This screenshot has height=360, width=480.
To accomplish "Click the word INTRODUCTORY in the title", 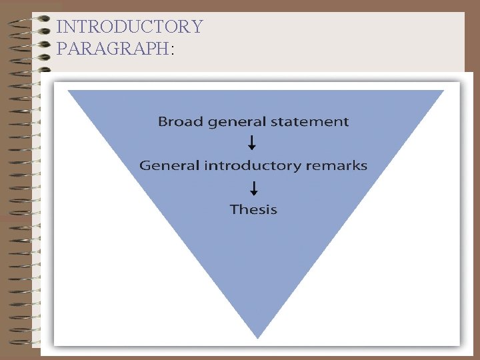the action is point(129,27).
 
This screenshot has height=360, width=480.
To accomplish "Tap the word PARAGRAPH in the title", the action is point(113,49).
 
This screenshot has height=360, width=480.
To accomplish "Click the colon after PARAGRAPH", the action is point(172,50).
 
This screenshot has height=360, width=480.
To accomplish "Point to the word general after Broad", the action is point(235,123).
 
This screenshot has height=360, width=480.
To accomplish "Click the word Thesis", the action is point(253,209).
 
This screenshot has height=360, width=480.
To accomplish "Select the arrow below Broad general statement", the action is point(252,143).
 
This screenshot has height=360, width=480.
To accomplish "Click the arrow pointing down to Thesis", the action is point(253,188).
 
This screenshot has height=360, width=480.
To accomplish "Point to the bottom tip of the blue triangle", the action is point(257,337).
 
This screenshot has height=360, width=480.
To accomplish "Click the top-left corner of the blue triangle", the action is point(69,91).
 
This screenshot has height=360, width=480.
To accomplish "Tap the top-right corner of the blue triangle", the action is point(443,91).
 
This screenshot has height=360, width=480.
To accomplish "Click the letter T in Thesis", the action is point(234,209).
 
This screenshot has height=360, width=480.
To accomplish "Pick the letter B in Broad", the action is point(163,122).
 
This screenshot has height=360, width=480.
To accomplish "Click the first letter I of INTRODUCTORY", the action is point(60,27).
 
